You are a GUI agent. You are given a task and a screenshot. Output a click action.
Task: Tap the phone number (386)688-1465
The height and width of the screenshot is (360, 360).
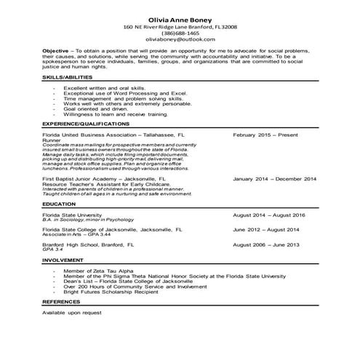(x=180, y=33)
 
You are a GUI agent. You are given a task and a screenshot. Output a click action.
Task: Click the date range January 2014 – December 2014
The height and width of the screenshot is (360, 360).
(x=274, y=177)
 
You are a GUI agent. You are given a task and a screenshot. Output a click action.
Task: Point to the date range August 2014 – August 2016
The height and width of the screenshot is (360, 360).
(x=268, y=215)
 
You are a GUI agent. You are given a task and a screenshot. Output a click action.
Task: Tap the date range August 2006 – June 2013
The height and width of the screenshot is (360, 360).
(x=265, y=244)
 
